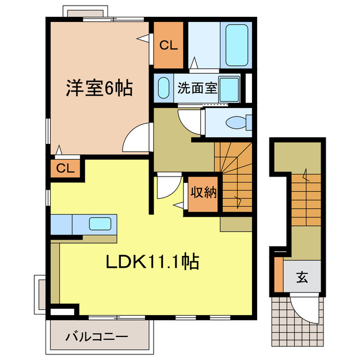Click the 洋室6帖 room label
(x=100, y=88)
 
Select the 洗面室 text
(x=197, y=88)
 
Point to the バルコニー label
(x=96, y=337)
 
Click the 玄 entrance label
(x=301, y=277)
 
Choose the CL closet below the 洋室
(x=65, y=168)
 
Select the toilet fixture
(x=237, y=122)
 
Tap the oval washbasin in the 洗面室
(x=163, y=88)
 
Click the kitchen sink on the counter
(x=100, y=223)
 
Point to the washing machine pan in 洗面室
(x=230, y=89)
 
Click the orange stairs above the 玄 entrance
(x=305, y=199)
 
